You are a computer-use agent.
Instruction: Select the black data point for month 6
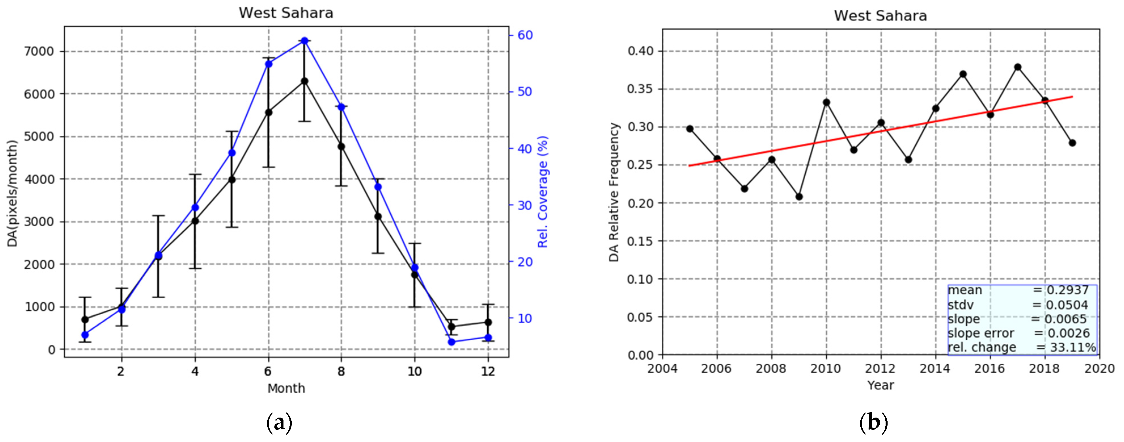pyautogui.click(x=268, y=112)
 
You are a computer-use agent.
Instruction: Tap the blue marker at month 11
pyautogui.click(x=452, y=342)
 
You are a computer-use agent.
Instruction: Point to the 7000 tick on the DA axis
pyautogui.click(x=39, y=52)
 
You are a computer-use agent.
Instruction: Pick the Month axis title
pyautogui.click(x=286, y=388)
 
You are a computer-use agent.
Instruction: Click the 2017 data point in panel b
pyautogui.click(x=1017, y=67)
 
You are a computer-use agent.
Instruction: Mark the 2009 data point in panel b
pyautogui.click(x=799, y=196)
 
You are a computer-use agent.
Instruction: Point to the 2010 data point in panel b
pyautogui.click(x=826, y=102)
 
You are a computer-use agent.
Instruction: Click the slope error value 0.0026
pyautogui.click(x=1068, y=333)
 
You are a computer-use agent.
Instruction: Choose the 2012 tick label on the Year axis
pyautogui.click(x=880, y=369)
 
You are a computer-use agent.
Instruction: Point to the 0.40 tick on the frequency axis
pyautogui.click(x=641, y=51)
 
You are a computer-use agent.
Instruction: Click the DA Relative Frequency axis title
pyautogui.click(x=614, y=192)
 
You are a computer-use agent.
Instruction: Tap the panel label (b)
pyautogui.click(x=873, y=423)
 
